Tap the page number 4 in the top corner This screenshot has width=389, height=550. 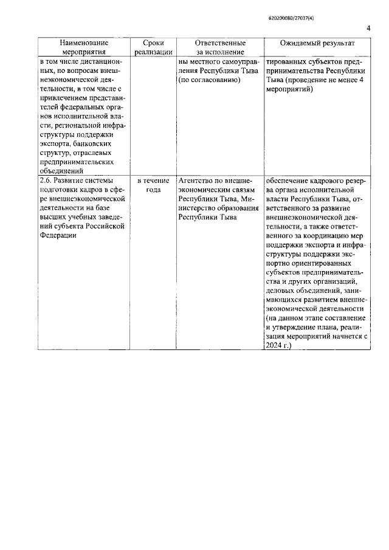(x=368, y=29)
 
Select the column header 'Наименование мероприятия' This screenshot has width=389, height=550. (x=84, y=48)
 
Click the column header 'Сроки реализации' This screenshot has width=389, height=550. (x=149, y=48)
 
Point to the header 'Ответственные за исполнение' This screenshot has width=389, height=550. (x=220, y=48)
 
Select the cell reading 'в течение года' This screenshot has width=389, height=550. (x=149, y=185)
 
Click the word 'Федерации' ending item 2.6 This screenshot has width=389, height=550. (x=58, y=236)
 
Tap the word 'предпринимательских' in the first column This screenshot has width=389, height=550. (x=76, y=162)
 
